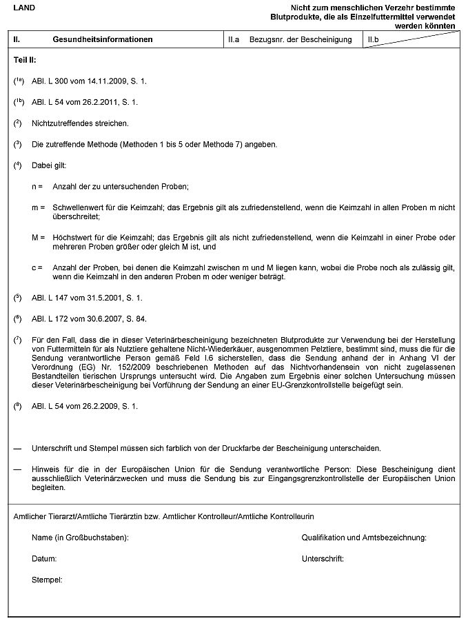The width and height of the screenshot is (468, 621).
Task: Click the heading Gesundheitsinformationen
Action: coord(102,40)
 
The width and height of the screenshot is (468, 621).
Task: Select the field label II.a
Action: coord(234,40)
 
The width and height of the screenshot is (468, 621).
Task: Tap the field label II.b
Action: coord(373,40)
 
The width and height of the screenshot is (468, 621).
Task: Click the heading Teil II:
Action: coord(26,61)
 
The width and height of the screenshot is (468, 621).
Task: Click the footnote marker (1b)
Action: coord(19,102)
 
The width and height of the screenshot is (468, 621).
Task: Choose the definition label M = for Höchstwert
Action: coord(38,237)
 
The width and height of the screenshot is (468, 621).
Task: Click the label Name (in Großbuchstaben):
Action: coord(80,537)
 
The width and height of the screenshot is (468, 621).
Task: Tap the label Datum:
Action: coord(44,558)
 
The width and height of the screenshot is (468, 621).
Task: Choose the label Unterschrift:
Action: coord(323,558)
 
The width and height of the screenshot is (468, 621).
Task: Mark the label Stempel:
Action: coord(47,580)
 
